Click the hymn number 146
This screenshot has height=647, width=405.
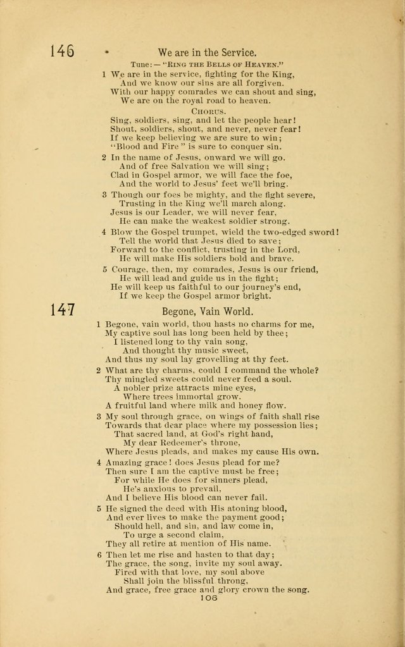[61, 51]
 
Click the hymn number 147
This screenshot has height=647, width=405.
[63, 310]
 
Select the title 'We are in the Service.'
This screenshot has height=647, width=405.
[208, 52]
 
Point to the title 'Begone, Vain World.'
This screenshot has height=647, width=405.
[208, 311]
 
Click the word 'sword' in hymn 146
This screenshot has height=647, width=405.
[323, 231]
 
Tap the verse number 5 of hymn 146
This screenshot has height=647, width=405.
[104, 269]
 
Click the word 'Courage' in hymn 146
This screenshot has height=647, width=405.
[130, 269]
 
